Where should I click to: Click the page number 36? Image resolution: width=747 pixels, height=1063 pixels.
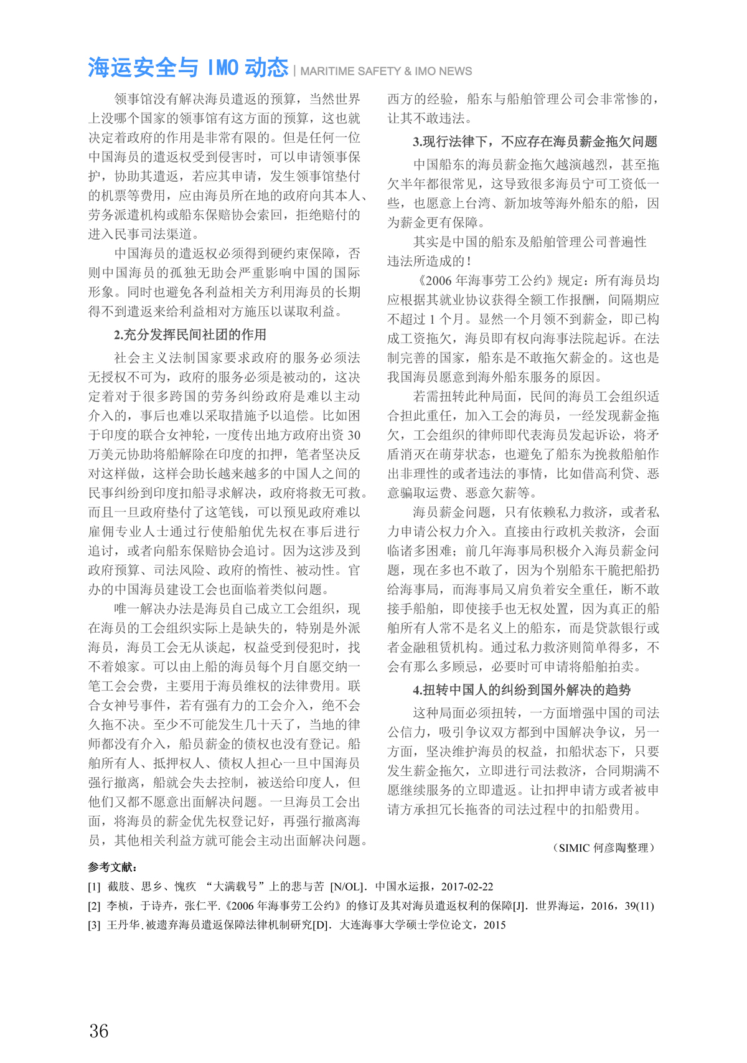99,1031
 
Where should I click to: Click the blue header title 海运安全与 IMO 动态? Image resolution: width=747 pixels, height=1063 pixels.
188,67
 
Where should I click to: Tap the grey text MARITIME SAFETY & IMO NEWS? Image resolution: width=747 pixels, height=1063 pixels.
386,72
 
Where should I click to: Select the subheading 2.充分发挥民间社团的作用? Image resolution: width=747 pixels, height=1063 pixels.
190,334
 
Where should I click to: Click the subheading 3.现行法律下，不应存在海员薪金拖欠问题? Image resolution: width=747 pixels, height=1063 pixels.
535,141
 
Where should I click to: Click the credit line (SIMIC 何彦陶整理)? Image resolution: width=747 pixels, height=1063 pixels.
603,848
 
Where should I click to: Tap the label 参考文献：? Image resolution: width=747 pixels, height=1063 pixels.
113,867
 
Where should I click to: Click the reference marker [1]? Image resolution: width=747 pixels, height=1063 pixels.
94,886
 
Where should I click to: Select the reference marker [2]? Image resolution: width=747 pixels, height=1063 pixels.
94,905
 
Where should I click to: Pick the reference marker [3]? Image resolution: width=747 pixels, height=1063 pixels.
94,925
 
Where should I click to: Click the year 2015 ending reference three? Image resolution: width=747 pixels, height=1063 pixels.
494,925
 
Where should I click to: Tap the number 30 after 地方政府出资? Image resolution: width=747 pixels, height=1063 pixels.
353,435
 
